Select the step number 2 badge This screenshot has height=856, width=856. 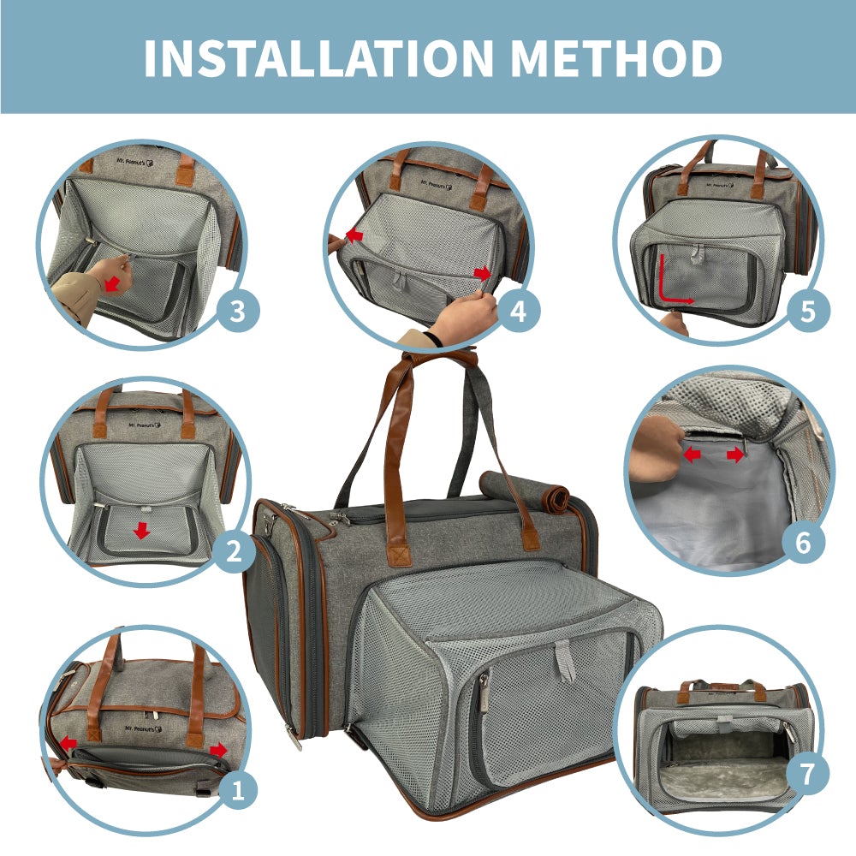point(232,553)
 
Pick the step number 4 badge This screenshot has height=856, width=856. point(519,312)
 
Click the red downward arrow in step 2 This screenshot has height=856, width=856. point(142,531)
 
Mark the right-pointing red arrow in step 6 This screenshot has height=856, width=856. point(734,455)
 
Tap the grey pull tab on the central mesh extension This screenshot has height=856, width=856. point(564,660)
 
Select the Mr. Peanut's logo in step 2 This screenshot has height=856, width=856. point(144,424)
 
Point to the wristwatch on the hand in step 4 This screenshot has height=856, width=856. point(435,340)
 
